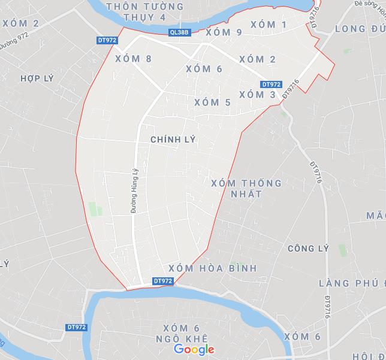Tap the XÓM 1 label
(268, 25)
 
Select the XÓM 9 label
(224, 32)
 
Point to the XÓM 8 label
(133, 59)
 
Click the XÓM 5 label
(212, 102)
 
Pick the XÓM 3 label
(257, 95)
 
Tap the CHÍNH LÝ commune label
(173, 139)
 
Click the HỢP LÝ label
(37, 78)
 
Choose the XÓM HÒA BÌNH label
(213, 268)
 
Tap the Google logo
(194, 349)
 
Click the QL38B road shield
(179, 33)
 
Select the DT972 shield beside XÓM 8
(106, 40)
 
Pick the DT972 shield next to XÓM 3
(271, 84)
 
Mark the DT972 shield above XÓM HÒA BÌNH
(162, 280)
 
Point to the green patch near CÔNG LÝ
(342, 250)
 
